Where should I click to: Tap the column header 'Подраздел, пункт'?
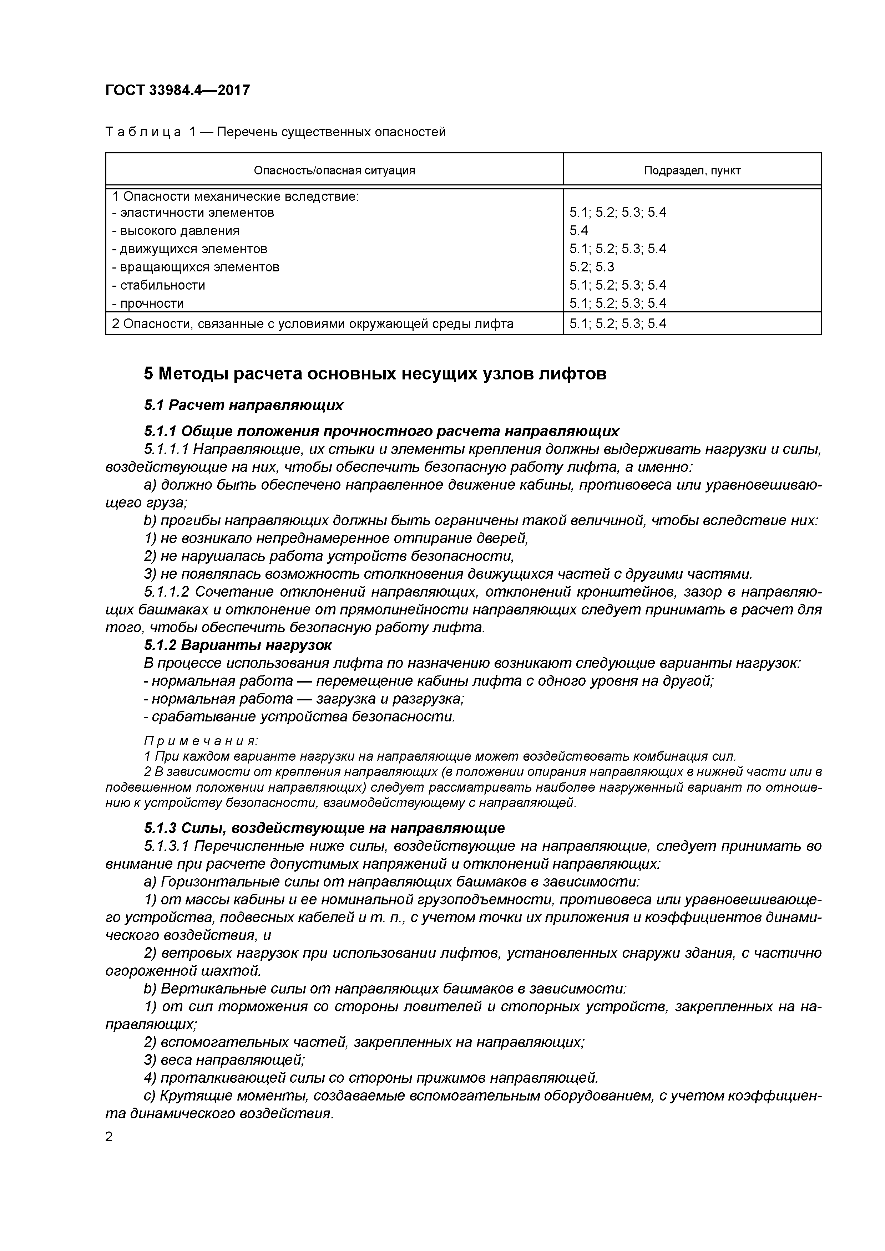[692, 170]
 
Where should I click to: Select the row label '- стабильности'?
[158, 285]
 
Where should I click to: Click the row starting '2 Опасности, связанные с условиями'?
[313, 324]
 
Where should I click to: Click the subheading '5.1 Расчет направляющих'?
[243, 405]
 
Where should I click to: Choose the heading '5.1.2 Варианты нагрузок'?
[237, 646]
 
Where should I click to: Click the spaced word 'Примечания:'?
[200, 741]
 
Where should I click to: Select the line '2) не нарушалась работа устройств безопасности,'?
[329, 556]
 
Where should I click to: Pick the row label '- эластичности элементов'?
[193, 213]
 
